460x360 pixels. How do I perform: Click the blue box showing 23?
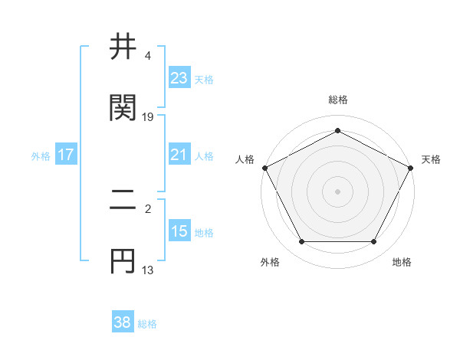(x=179, y=77)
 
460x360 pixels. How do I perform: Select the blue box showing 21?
(x=179, y=155)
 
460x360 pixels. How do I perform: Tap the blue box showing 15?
(x=179, y=231)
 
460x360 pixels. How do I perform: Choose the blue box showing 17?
(x=65, y=155)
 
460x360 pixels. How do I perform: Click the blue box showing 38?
(x=122, y=322)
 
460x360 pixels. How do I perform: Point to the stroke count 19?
(x=148, y=117)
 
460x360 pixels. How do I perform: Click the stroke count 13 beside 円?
(x=148, y=270)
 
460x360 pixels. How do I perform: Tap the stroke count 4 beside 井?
(x=147, y=56)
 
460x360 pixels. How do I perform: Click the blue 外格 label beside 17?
(x=41, y=155)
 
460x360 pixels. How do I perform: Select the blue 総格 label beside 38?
(x=147, y=324)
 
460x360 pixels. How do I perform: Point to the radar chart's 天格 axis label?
(x=431, y=159)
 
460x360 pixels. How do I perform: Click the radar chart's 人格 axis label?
(x=245, y=159)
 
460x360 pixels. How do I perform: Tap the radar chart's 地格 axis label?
(x=402, y=263)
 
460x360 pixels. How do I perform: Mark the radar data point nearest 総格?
(x=337, y=131)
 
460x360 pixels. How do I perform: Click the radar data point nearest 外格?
(x=301, y=241)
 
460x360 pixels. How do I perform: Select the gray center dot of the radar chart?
(x=337, y=191)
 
